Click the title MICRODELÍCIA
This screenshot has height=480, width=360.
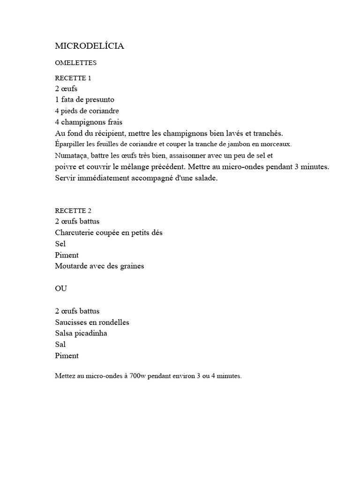[89, 46]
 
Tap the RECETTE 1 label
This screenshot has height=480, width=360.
[73, 78]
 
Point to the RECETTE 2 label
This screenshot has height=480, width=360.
[73, 210]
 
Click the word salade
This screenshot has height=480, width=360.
[206, 179]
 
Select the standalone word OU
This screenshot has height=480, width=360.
[61, 289]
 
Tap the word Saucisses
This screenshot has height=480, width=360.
[72, 322]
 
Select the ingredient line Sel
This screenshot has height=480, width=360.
[60, 244]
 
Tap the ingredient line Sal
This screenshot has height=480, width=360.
[60, 345]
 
